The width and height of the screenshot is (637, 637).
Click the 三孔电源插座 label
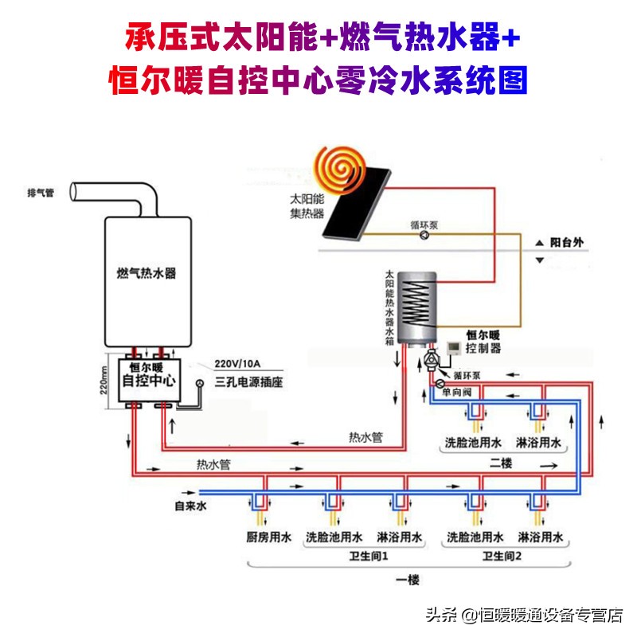pyautogui.click(x=249, y=382)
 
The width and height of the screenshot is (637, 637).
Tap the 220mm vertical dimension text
pyautogui.click(x=104, y=381)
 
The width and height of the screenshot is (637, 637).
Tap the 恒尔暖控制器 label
pyautogui.click(x=483, y=342)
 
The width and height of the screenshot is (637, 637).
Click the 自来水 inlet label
pyautogui.click(x=190, y=506)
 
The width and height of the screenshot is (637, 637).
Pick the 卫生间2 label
pyautogui.click(x=502, y=555)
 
